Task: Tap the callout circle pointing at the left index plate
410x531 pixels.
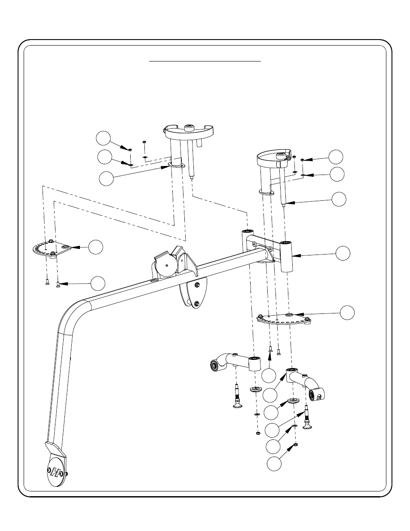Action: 96,246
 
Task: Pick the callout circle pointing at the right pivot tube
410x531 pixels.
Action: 343,253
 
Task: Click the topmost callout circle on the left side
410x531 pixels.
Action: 103,138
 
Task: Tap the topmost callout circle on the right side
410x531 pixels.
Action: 337,157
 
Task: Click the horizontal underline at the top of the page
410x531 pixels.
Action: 205,61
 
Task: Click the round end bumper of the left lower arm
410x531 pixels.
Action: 213,365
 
